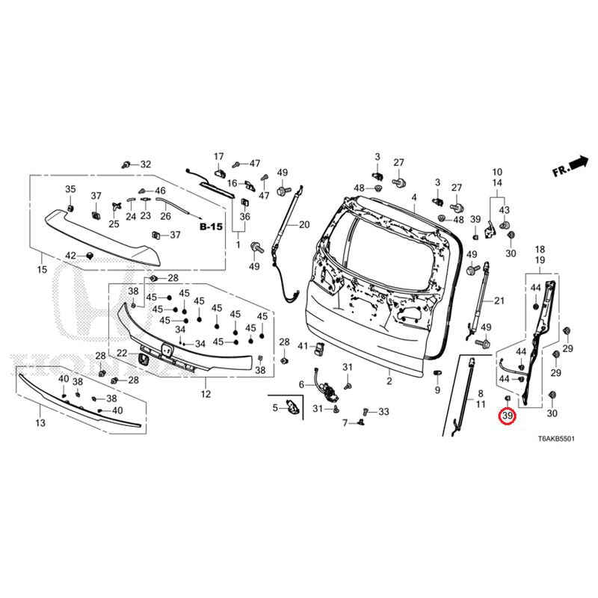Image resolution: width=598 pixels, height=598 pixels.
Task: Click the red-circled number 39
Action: [508, 416]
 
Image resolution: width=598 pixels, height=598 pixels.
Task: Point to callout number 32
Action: [145, 164]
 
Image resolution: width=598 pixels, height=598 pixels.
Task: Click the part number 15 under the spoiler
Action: [42, 269]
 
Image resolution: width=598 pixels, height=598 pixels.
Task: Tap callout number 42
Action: [70, 256]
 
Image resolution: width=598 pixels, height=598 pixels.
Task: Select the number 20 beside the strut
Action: [303, 224]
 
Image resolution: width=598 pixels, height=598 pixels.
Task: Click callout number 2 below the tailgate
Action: [389, 381]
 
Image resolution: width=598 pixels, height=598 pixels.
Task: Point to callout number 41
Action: [303, 346]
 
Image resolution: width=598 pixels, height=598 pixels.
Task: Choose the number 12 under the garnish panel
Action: [206, 394]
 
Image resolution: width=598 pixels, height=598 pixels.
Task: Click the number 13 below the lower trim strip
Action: [40, 423]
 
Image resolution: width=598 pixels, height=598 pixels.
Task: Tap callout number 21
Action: [501, 300]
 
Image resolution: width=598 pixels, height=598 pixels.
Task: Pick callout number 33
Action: [384, 412]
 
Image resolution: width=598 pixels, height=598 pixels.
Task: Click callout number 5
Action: [274, 407]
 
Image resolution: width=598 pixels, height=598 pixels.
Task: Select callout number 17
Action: [219, 156]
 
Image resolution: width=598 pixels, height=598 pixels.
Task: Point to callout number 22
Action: [121, 354]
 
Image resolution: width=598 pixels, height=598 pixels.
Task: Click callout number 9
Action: [437, 391]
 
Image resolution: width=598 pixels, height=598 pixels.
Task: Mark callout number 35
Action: [70, 188]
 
